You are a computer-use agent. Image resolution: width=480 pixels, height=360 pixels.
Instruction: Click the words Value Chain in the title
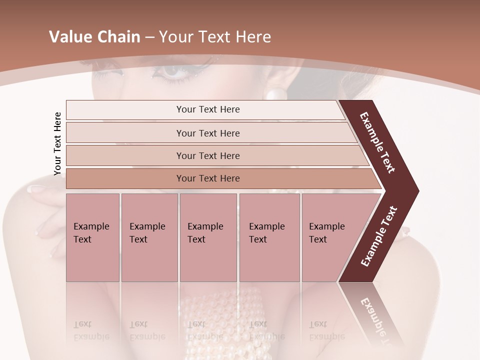[x=94, y=37]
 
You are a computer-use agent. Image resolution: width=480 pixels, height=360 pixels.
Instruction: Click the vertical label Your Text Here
[x=57, y=143]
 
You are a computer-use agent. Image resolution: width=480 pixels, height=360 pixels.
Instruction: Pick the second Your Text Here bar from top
[x=208, y=133]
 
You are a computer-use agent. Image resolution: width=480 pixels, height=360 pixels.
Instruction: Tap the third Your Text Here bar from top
[x=208, y=155]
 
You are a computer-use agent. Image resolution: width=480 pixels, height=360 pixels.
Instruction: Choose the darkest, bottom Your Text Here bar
[x=208, y=178]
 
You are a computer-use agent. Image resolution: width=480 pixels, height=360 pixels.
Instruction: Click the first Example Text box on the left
[x=92, y=237]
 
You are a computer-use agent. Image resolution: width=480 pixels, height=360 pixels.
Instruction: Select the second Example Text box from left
[x=149, y=237]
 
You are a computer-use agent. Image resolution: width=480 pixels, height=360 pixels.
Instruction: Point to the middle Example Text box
[x=208, y=237]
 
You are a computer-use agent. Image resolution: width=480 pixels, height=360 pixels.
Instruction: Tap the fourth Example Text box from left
[x=269, y=237]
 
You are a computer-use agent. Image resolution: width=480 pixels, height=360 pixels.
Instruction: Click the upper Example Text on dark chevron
[x=377, y=143]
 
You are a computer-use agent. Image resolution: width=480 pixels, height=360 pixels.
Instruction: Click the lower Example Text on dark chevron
[x=379, y=236]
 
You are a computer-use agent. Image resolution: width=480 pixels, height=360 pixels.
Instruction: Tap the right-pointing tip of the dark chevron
[x=415, y=191]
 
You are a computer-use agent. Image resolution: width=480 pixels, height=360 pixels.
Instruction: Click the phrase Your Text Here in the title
[x=215, y=37]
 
